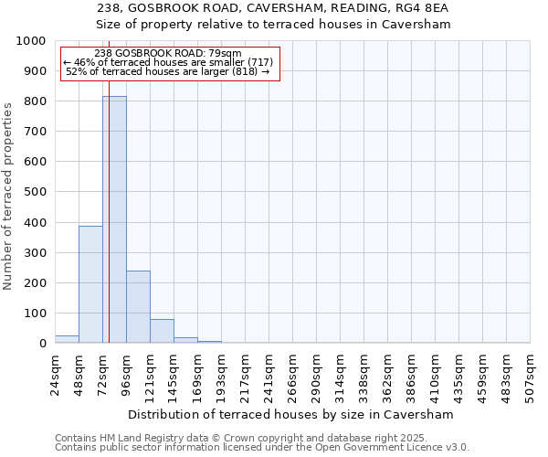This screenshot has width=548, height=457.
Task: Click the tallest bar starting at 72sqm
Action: [x=114, y=219]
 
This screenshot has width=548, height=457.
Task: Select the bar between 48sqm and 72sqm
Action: [x=90, y=284]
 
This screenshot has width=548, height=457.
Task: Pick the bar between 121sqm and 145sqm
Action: [x=162, y=331]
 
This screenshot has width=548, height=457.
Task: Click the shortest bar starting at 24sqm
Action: [x=67, y=339]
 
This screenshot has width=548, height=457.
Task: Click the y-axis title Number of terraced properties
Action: [x=9, y=197]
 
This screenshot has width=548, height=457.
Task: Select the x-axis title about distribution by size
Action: [x=292, y=414]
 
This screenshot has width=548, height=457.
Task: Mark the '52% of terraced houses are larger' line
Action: [x=168, y=71]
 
